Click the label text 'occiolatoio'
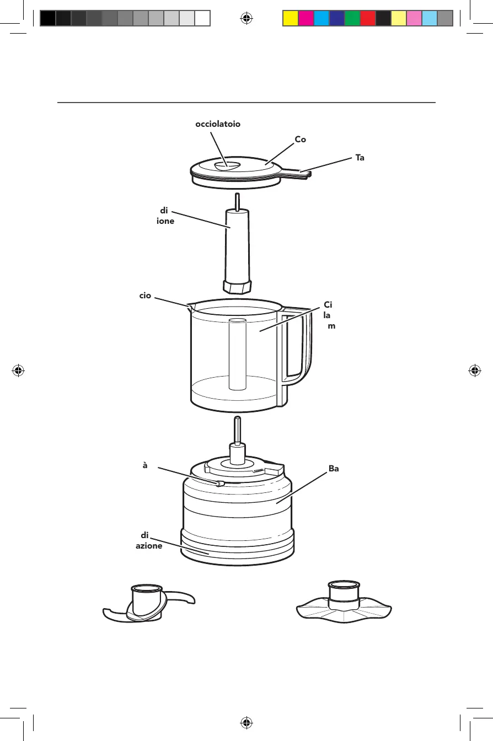click(x=218, y=124)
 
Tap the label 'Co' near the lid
click(x=300, y=140)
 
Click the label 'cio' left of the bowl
click(x=145, y=296)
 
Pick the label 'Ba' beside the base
click(x=334, y=469)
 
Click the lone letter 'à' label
click(x=145, y=465)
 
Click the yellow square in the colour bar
click(x=290, y=19)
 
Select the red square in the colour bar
click(x=367, y=19)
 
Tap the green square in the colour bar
click(x=352, y=19)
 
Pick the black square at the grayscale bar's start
click(x=48, y=19)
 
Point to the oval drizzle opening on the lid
click(x=226, y=164)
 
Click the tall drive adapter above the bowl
click(x=237, y=248)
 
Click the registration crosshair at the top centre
click(x=246, y=18)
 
